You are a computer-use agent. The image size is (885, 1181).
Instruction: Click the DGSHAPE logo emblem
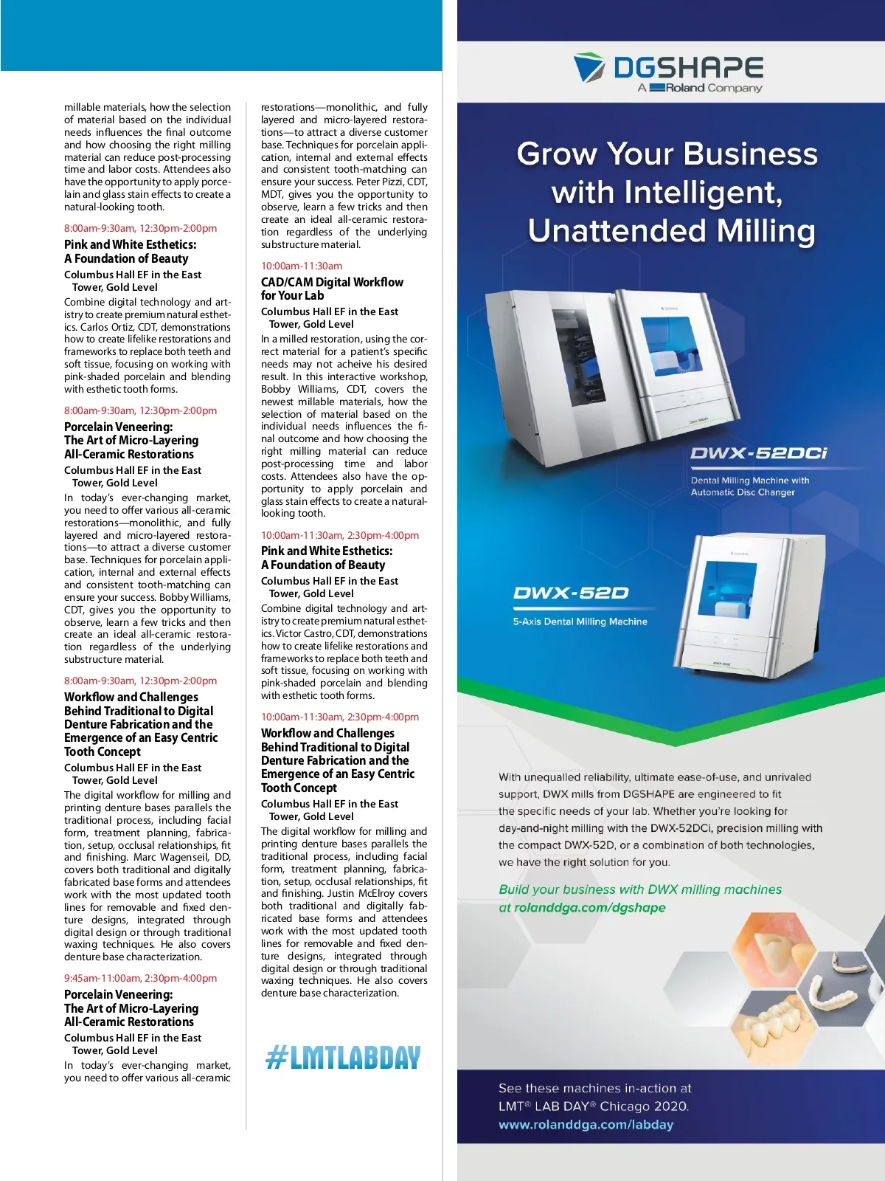coord(589,68)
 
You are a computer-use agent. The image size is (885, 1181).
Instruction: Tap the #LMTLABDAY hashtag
coord(343,1058)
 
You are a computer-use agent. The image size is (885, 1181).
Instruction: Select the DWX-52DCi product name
coord(758,453)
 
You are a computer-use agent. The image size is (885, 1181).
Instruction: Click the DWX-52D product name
coord(571,593)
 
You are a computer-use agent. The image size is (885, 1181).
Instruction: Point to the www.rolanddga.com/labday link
coord(586,1125)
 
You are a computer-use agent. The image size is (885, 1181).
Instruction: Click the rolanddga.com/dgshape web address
coord(589,908)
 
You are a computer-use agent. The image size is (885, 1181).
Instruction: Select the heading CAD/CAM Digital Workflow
coord(332,282)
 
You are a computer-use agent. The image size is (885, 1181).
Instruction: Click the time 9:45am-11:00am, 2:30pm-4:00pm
coord(140,978)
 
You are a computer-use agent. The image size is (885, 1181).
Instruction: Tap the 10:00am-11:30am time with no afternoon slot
coord(302,266)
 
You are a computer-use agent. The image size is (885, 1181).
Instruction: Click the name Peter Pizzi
coord(379,182)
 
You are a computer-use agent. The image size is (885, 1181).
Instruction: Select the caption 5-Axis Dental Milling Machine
coord(580,622)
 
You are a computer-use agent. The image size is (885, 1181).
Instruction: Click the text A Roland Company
coord(700,88)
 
